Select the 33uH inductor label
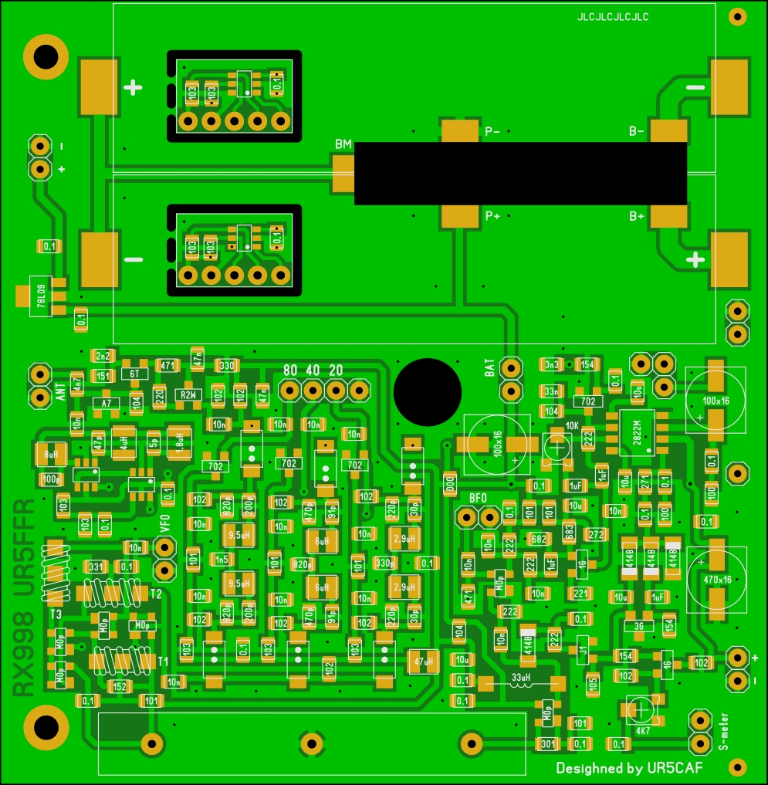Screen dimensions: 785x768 coord(521,679)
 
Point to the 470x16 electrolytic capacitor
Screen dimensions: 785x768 coord(716,577)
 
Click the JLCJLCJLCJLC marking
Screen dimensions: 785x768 coord(613,17)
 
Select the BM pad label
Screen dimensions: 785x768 coord(343,144)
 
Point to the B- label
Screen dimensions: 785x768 coord(636,131)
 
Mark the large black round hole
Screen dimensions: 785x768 coord(425,391)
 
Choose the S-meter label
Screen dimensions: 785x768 coord(723,730)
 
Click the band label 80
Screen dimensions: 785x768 coord(290,370)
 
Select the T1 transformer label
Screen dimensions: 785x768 coord(163,662)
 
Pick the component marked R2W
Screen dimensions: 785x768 coord(187,394)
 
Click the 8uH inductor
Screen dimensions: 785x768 coord(51,455)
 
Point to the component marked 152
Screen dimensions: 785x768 coord(120,685)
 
